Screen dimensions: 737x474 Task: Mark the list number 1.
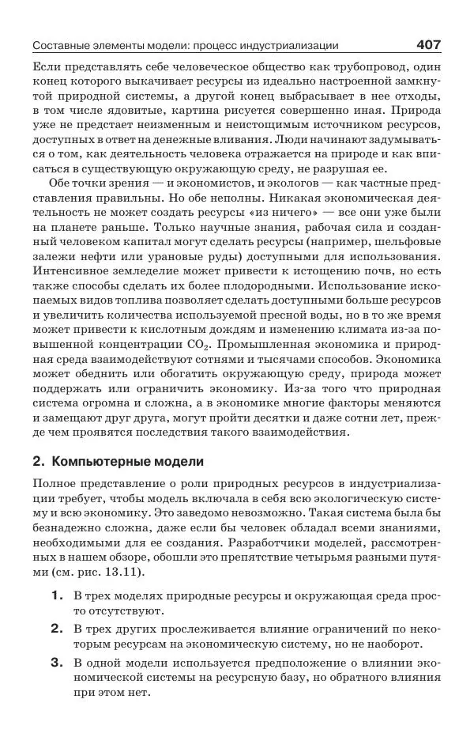coord(56,595)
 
